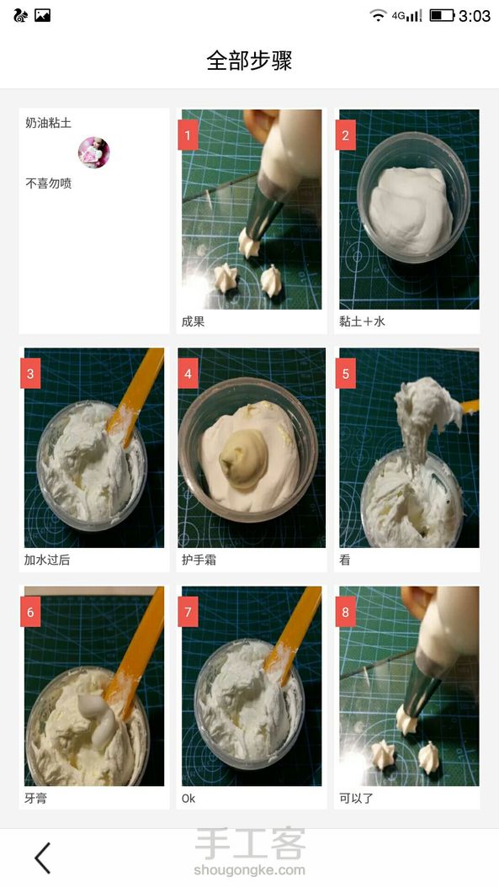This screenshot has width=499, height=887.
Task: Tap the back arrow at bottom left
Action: click(x=43, y=858)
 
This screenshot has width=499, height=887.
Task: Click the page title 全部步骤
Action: click(x=249, y=61)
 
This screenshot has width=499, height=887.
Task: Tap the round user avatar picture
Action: click(x=94, y=152)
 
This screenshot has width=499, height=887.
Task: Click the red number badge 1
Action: click(x=188, y=135)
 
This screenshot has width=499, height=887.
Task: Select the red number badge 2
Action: click(x=346, y=135)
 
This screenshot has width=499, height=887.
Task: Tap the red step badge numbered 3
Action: click(x=30, y=374)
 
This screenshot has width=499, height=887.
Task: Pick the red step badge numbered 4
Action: click(x=188, y=374)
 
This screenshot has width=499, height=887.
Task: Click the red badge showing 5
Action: click(x=346, y=374)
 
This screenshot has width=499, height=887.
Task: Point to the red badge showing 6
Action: click(x=30, y=612)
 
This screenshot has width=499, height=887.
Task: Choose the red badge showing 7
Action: click(x=188, y=612)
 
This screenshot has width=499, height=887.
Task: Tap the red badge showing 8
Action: click(x=346, y=612)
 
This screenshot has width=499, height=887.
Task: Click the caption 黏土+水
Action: click(x=362, y=321)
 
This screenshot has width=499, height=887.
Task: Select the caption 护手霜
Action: click(x=199, y=560)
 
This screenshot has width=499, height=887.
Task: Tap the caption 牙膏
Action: click(x=35, y=798)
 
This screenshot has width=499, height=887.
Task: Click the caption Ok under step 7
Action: click(x=188, y=798)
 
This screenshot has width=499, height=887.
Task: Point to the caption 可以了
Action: click(x=357, y=798)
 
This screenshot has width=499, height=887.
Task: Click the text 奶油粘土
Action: click(x=48, y=123)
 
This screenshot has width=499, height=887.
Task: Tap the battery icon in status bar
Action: click(x=442, y=15)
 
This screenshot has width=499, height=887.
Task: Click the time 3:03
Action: click(x=474, y=16)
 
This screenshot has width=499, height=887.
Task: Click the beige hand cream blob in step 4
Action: click(x=242, y=458)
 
